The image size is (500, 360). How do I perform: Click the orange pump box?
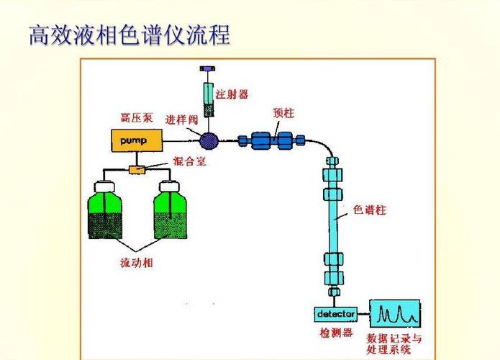click(134, 140)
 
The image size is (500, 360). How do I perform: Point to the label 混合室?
click(190, 162)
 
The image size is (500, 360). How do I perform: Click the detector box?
click(335, 314)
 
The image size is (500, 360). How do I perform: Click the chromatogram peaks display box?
click(395, 314)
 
